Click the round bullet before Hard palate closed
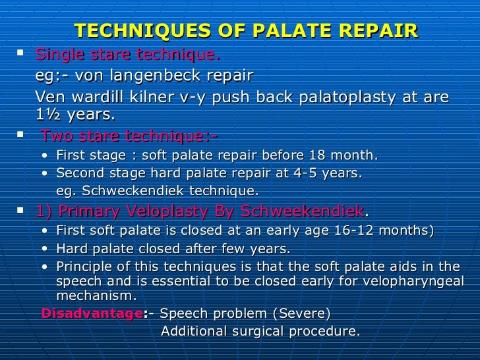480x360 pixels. tap(44, 250)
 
